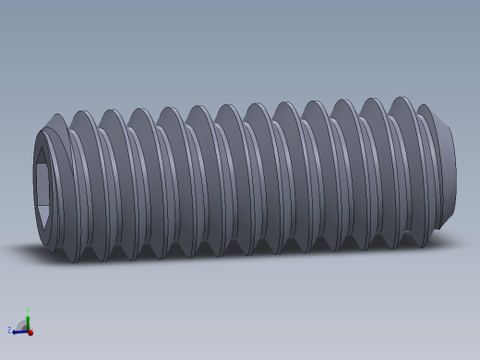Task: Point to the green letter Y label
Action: click(28, 309)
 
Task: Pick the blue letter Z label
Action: click(9, 330)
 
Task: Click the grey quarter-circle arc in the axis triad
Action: click(21, 323)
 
